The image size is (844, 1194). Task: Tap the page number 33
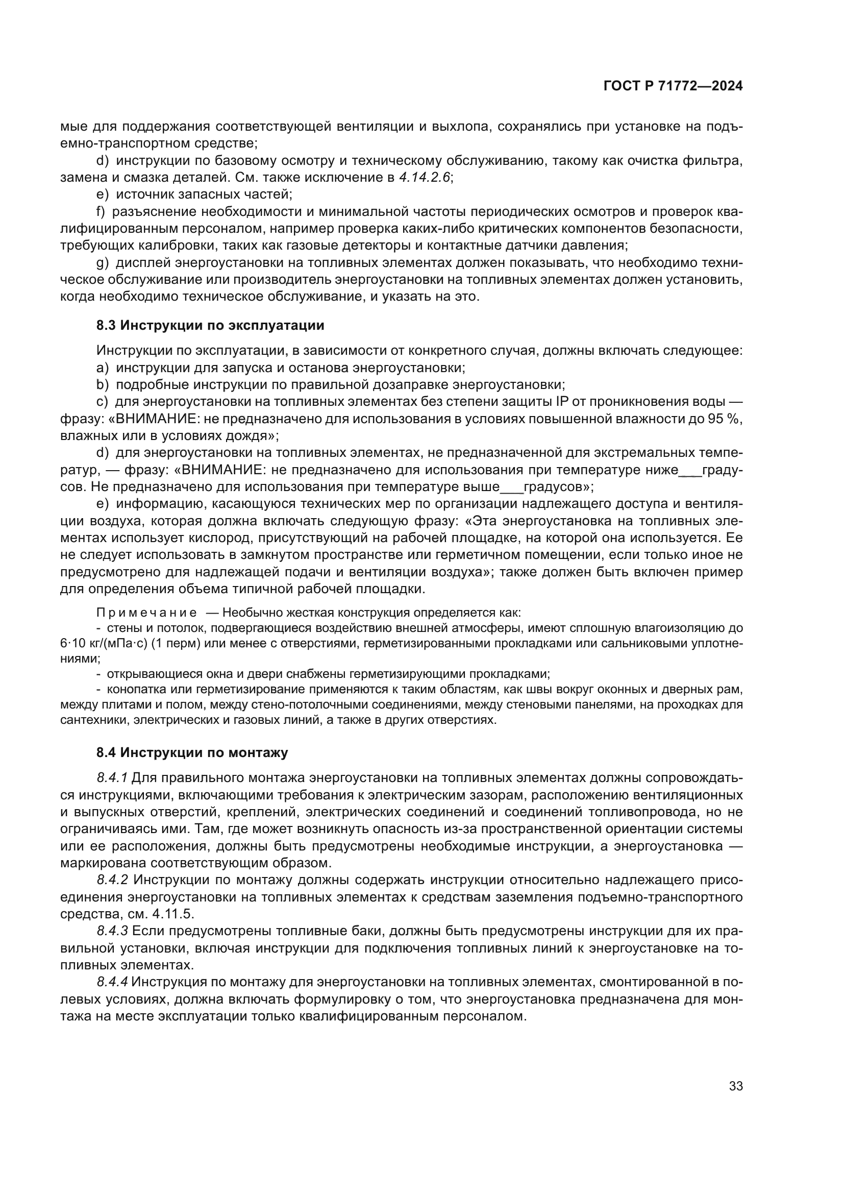coord(735,1086)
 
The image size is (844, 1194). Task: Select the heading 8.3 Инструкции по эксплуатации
coord(210,326)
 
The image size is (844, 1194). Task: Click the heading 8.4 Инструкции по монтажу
coord(192,752)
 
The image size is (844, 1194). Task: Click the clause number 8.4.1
coord(112,778)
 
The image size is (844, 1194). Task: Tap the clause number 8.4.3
coord(112,932)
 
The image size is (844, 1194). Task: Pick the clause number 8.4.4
coord(112,982)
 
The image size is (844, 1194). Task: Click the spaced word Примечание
coord(146,612)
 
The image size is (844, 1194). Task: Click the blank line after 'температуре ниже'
coord(690,470)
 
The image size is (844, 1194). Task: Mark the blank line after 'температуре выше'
coord(511,488)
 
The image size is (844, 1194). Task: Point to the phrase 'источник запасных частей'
coord(204,194)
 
